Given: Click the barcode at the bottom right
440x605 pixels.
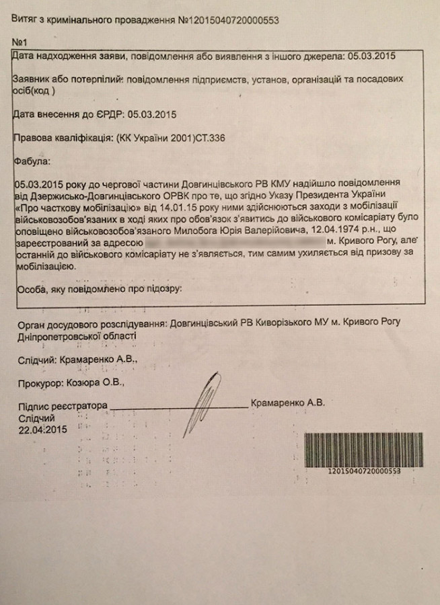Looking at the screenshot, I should point(364,449).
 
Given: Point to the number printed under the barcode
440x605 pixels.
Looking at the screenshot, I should point(364,472).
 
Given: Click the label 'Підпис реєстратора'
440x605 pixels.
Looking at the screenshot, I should point(63,406).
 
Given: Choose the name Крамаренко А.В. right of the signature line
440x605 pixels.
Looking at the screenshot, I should point(287,403).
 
